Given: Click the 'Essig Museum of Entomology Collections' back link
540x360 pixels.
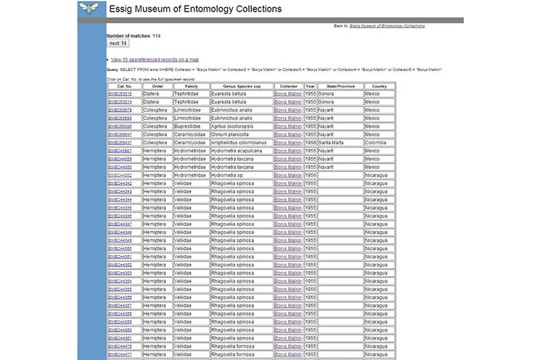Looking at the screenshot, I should pyautogui.click(x=387, y=25).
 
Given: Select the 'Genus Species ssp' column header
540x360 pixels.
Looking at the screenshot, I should pyautogui.click(x=240, y=86).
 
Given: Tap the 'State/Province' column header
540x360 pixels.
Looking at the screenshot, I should pyautogui.click(x=339, y=86).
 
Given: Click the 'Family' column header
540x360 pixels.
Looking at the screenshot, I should pyautogui.click(x=191, y=86).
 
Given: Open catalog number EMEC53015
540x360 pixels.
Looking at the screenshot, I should pyautogui.click(x=120, y=94).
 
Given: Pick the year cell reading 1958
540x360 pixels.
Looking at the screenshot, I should pyautogui.click(x=310, y=142).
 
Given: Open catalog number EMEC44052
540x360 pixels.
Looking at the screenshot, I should pyautogui.click(x=120, y=175).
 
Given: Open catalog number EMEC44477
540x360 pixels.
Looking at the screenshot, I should pyautogui.click(x=120, y=354).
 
